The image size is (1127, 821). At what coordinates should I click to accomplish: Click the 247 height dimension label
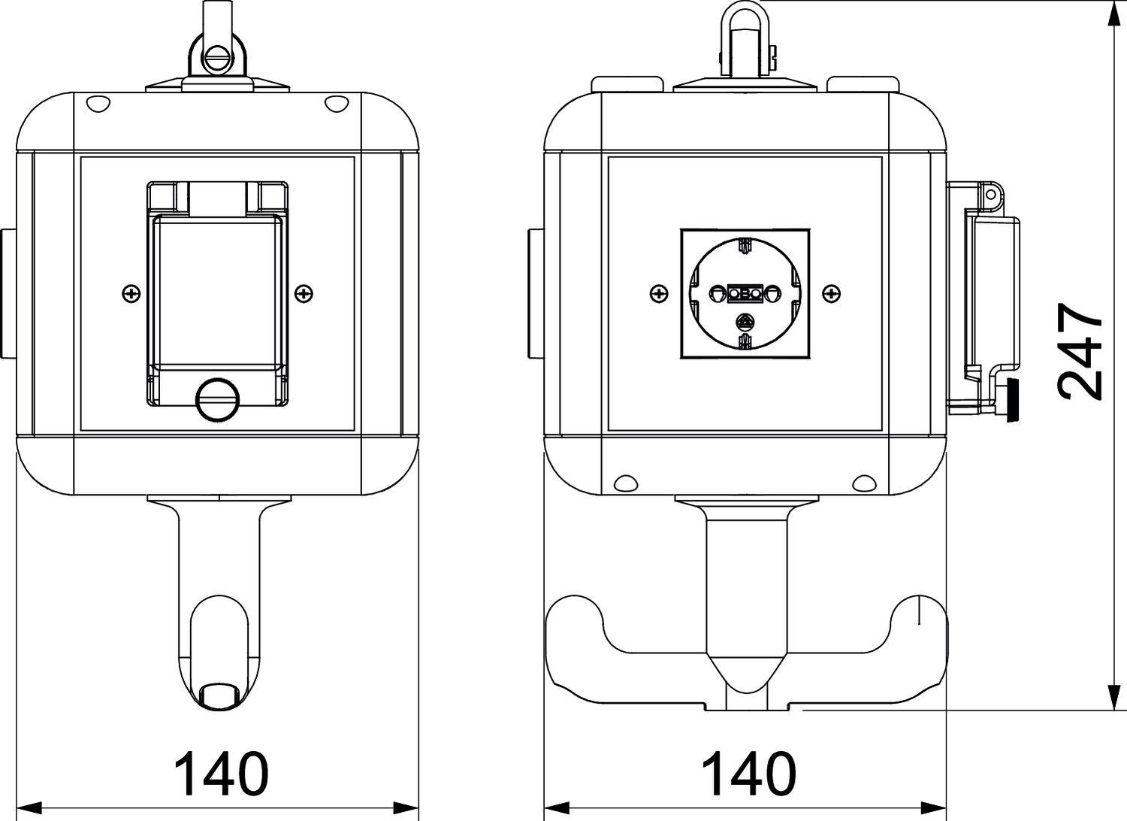pyautogui.click(x=1080, y=351)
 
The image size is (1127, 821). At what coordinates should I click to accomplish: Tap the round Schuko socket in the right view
pyautogui.click(x=745, y=293)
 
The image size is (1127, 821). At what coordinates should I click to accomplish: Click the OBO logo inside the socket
pyautogui.click(x=745, y=293)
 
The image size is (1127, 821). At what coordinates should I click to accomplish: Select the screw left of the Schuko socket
pyautogui.click(x=658, y=293)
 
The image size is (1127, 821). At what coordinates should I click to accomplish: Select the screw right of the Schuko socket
pyautogui.click(x=832, y=293)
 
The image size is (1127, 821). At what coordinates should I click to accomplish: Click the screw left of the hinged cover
pyautogui.click(x=131, y=293)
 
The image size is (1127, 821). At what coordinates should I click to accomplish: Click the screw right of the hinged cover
pyautogui.click(x=304, y=293)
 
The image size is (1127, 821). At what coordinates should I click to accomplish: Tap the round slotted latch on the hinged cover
pyautogui.click(x=218, y=398)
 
